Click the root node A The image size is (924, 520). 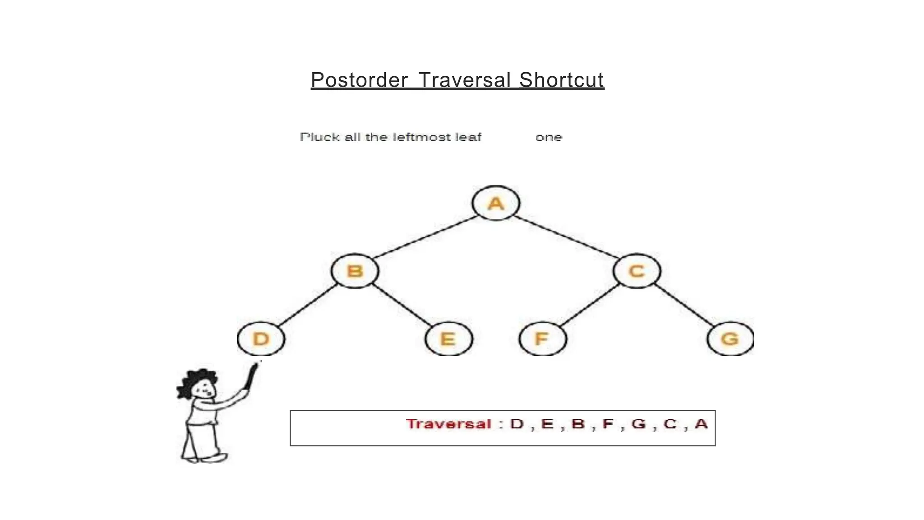coord(496,203)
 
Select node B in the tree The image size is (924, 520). coord(355,271)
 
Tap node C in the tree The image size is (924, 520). coord(637,271)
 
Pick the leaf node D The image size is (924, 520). coord(261,339)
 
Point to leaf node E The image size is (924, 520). coord(448,339)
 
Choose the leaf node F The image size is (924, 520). coord(542,339)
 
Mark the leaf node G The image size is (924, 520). coord(730,339)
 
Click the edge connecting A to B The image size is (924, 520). coord(425,237)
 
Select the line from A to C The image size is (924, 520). coord(566,237)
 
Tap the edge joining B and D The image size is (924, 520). coord(309,305)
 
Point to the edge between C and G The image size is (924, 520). coord(684,305)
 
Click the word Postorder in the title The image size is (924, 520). coord(359,80)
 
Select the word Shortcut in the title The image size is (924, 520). coord(561,80)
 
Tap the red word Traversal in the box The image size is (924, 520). coord(448,424)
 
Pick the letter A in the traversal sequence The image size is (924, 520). coord(701,424)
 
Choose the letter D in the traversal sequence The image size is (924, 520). coord(517,424)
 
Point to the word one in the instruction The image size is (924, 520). coord(549,137)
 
